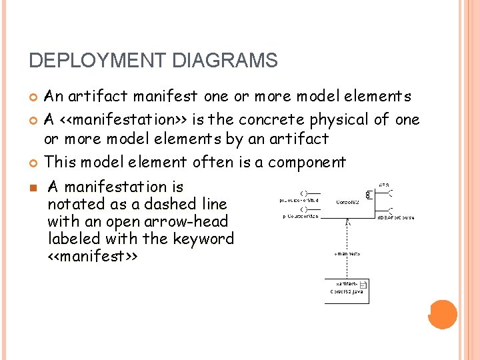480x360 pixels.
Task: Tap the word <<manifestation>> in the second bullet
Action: (123, 120)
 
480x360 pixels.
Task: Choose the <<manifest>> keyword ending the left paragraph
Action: (92, 256)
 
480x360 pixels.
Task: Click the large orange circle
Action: (443, 314)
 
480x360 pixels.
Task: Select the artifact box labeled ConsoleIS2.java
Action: (347, 290)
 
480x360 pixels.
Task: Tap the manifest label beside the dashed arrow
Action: (347, 253)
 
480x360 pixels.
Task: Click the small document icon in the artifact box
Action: (363, 287)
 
